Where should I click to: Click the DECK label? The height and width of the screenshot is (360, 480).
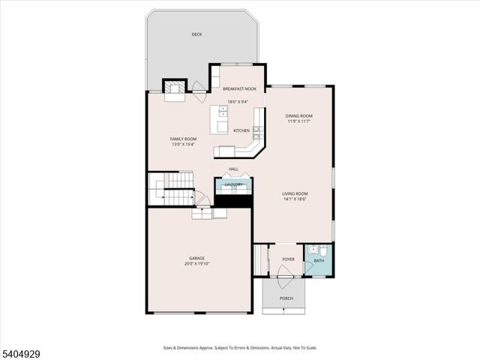pyautogui.click(x=196, y=34)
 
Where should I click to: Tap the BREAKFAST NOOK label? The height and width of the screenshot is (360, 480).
pyautogui.click(x=239, y=88)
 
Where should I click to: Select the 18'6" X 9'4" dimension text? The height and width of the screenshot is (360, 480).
pyautogui.click(x=238, y=102)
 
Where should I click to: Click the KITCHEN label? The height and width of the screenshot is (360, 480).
pyautogui.click(x=241, y=130)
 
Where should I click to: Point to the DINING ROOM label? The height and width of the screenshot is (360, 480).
pyautogui.click(x=298, y=115)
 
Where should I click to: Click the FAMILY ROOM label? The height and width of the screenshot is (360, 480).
pyautogui.click(x=183, y=139)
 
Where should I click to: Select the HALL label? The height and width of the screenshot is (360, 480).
pyautogui.click(x=233, y=169)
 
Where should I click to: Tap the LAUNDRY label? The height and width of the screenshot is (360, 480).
pyautogui.click(x=233, y=184)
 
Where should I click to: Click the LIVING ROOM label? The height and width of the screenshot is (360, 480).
pyautogui.click(x=295, y=193)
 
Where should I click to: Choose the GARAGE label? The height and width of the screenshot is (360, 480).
pyautogui.click(x=196, y=258)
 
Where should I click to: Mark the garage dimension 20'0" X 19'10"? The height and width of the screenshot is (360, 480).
pyautogui.click(x=196, y=264)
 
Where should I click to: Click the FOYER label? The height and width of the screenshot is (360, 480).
pyautogui.click(x=288, y=259)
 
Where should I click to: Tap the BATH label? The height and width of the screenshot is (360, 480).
pyautogui.click(x=319, y=261)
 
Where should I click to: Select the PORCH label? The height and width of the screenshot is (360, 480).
pyautogui.click(x=286, y=298)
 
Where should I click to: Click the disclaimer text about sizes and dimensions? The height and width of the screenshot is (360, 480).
pyautogui.click(x=239, y=347)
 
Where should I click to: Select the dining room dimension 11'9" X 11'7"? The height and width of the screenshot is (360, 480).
pyautogui.click(x=298, y=121)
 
